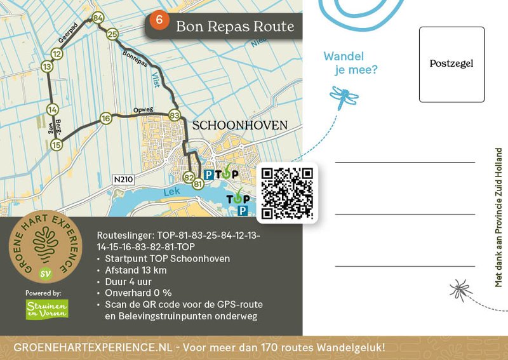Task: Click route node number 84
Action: [x=97, y=18]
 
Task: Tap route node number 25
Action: [x=112, y=34]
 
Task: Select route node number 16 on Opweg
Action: [x=106, y=118]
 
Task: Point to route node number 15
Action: [x=57, y=145]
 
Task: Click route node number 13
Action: [x=46, y=66]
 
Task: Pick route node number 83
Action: [x=175, y=116]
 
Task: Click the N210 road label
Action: [x=124, y=180]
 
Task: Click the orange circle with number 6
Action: [x=159, y=20]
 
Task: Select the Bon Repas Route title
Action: [x=235, y=27]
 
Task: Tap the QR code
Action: [x=288, y=193]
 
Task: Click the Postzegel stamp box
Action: [x=451, y=64]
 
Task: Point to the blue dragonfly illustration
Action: [x=344, y=97]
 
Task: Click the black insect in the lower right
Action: [x=460, y=290]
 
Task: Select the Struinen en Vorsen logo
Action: [x=47, y=309]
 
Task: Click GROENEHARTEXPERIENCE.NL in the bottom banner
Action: [x=93, y=347]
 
